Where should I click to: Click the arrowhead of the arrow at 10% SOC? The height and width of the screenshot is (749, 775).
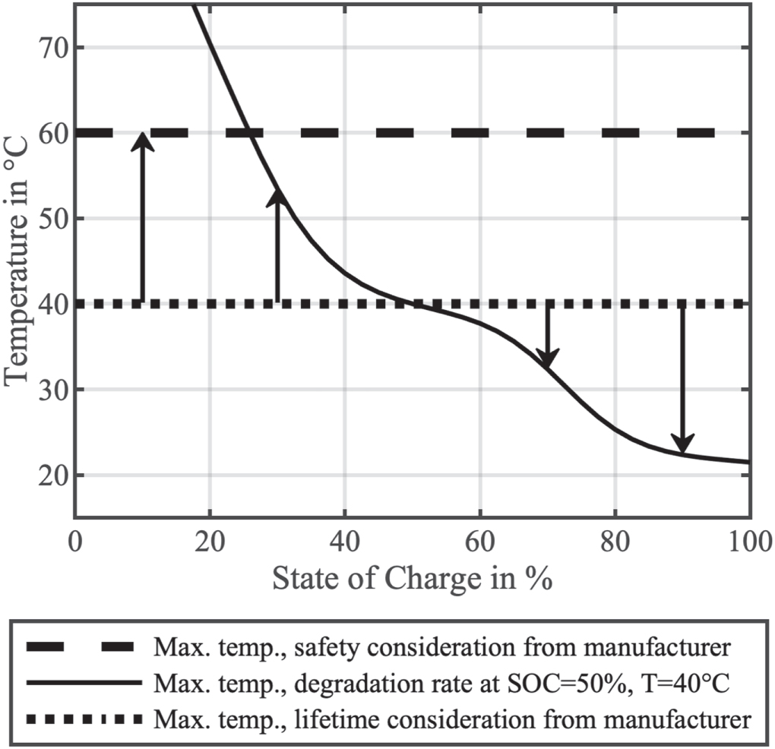(142, 141)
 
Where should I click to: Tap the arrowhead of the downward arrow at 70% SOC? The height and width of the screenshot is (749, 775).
(547, 359)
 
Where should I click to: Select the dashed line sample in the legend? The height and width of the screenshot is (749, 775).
(83, 647)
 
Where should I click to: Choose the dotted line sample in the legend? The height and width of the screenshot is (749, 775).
(83, 717)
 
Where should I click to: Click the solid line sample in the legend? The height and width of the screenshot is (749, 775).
(83, 682)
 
